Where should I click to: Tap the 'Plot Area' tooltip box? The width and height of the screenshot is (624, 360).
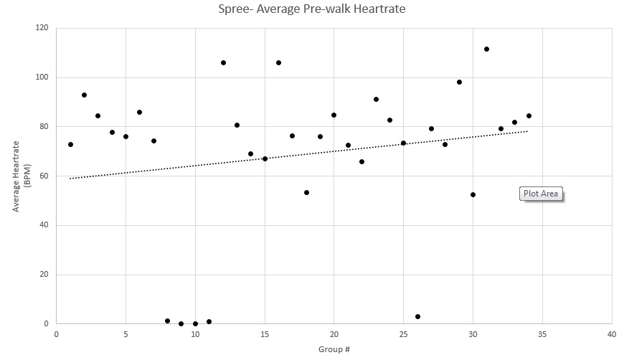point(540,193)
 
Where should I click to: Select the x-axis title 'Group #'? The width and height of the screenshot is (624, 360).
point(334,349)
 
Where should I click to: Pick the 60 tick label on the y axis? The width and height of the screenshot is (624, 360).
point(44,176)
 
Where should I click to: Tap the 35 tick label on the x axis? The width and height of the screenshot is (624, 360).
point(542,334)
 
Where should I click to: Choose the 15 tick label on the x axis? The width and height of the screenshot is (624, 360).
point(265,334)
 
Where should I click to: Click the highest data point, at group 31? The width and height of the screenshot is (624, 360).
point(486,49)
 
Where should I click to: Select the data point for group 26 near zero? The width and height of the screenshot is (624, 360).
point(417,316)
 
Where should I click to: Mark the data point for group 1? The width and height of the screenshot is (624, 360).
point(70,144)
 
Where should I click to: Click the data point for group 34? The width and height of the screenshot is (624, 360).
point(529,115)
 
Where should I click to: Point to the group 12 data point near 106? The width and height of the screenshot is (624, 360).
point(223,62)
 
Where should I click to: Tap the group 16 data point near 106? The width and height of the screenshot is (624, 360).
point(278,62)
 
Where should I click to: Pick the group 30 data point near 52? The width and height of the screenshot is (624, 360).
point(473,194)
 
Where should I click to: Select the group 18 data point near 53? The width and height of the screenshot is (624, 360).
point(306,192)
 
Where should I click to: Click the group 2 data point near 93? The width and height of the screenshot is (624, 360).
point(84,95)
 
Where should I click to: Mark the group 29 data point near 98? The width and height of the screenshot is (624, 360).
point(459,82)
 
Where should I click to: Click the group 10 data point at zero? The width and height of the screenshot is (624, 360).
point(195,323)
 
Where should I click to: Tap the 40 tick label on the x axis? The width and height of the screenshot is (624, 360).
point(612,334)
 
